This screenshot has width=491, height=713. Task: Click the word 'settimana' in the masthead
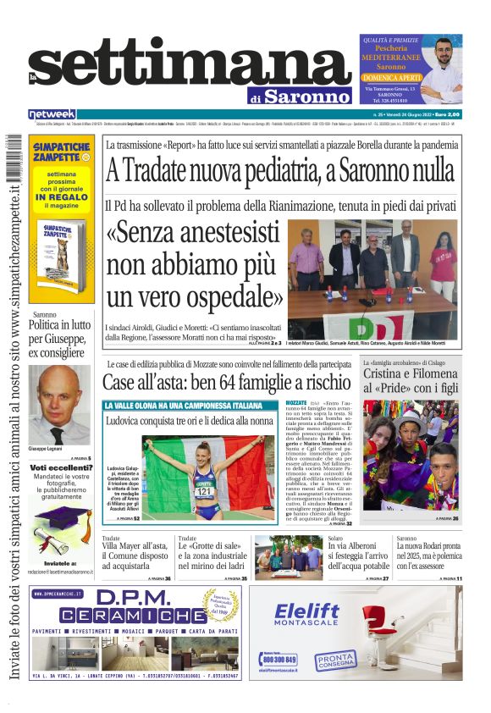tap(178, 68)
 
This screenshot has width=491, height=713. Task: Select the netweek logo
tap(52, 113)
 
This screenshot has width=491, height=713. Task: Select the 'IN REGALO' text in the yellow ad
tap(62, 196)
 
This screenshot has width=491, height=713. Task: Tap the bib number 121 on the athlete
tap(204, 490)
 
